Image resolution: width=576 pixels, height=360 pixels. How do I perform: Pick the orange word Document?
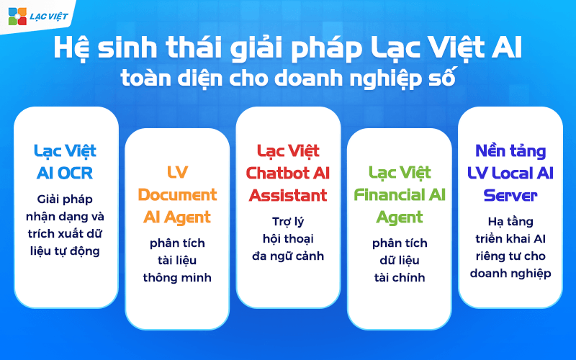(177, 195)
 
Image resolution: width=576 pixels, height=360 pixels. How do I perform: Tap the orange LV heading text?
(177, 174)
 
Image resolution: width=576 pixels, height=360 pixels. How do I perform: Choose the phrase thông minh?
(177, 277)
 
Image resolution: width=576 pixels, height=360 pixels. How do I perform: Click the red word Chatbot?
(278, 174)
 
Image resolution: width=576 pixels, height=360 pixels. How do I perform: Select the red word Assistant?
(288, 195)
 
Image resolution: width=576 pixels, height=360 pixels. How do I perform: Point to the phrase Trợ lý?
(288, 221)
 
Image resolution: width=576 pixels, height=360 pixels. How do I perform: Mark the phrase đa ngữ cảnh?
(288, 256)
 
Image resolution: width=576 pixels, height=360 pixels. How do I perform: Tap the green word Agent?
(399, 217)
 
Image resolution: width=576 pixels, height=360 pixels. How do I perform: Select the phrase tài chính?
(399, 277)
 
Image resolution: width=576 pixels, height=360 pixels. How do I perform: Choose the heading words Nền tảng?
(510, 152)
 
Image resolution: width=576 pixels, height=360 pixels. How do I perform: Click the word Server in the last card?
(510, 195)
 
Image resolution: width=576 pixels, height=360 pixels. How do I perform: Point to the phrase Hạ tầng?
(510, 221)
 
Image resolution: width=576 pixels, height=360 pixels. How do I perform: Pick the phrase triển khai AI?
(510, 238)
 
